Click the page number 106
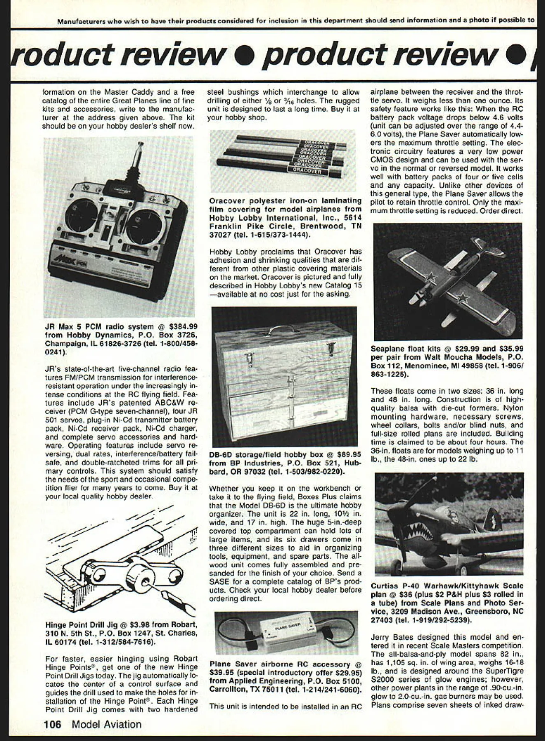click(x=53, y=724)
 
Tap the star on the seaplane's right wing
click(x=463, y=296)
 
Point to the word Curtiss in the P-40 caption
click(x=384, y=586)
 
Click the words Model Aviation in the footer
click(x=106, y=724)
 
